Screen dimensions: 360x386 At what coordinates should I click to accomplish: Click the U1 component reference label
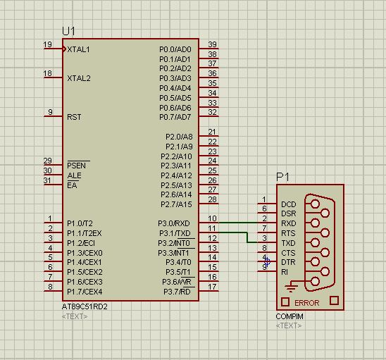click(69, 31)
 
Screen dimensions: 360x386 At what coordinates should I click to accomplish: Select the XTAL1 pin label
click(79, 49)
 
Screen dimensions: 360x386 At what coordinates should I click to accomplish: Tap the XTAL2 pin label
click(79, 78)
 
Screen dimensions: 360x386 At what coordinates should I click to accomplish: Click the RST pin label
click(74, 117)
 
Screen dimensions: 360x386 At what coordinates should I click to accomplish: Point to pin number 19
click(48, 45)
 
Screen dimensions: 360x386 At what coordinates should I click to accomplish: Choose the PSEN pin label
click(77, 165)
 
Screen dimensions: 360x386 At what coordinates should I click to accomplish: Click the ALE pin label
click(74, 175)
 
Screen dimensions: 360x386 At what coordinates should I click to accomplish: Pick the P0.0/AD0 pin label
click(175, 49)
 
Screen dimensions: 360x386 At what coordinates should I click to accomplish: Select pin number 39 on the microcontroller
click(212, 45)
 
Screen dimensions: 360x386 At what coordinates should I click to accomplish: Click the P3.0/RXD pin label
click(175, 223)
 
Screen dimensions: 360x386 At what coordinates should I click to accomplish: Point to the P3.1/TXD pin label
click(175, 233)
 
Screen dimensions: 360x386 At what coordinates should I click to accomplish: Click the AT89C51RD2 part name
click(85, 306)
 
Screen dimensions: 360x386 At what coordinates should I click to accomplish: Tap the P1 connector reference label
click(282, 176)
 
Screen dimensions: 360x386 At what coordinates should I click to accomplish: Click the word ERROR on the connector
click(306, 303)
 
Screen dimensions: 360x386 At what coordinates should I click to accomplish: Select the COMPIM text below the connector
click(289, 316)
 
